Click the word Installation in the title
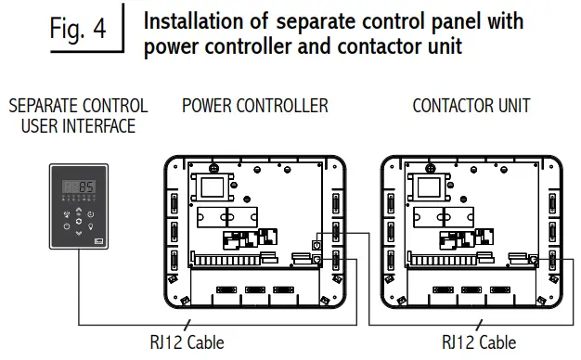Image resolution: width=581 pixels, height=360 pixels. [193, 20]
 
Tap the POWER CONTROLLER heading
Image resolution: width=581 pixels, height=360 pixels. [254, 106]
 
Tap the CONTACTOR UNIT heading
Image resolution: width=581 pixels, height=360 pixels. [465, 106]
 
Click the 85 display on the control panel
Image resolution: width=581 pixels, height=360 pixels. [85, 187]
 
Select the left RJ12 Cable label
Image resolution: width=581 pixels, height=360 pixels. [188, 341]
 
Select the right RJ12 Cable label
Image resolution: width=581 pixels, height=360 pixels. [479, 341]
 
